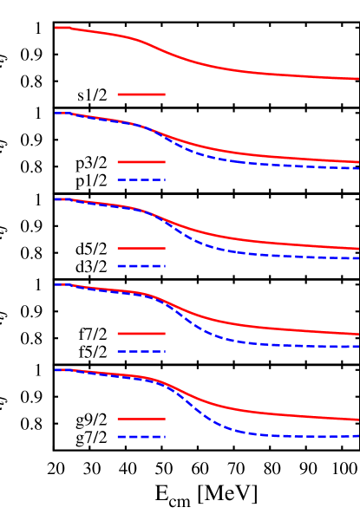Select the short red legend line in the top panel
tap(141, 94)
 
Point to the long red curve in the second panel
tap(260, 155)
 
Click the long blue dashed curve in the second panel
tap(260, 163)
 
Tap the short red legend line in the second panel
tap(141, 162)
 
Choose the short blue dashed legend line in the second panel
tap(141, 179)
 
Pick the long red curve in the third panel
tap(260, 242)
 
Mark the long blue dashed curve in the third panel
tap(260, 254)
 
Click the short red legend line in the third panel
tap(141, 248)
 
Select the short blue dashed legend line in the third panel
tap(141, 266)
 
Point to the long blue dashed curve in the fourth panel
tap(260, 343)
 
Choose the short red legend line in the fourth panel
tap(141, 334)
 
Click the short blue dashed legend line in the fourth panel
tap(141, 351)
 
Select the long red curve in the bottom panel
tap(260, 413)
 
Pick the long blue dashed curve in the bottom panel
tap(260, 433)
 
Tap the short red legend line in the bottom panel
tap(141, 419)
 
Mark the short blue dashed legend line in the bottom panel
tap(141, 437)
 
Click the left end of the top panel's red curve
tap(56, 28)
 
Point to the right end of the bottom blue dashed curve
tap(357, 436)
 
